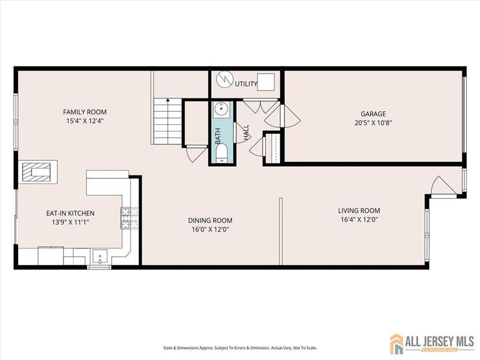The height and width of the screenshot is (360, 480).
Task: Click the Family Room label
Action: [83, 111]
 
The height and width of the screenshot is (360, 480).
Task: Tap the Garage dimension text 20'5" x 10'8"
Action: [372, 123]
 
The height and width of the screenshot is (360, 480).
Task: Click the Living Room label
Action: [359, 211]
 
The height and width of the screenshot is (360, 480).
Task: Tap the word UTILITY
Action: [244, 83]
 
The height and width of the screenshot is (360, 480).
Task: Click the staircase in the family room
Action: [167, 121]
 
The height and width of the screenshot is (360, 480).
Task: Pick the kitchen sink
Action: [100, 256]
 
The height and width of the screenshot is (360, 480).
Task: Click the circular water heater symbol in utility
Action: [224, 81]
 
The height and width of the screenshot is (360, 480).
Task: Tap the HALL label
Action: [246, 132]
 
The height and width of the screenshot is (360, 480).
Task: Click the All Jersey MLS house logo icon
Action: [397, 343]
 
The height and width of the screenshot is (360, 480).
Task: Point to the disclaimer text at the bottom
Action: [239, 348]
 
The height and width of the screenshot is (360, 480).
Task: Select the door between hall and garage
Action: [281, 117]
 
